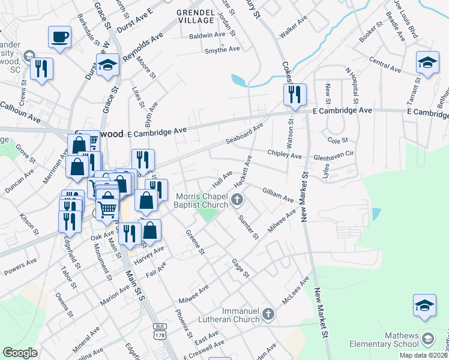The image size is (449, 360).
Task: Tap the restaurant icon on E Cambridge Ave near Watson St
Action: pos(295,94)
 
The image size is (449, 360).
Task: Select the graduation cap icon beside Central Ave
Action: pos(427,62)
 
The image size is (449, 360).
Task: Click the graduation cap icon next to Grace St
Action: pos(107,66)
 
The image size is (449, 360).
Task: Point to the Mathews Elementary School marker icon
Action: pos(427,338)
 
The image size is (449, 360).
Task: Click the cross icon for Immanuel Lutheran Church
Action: pos(268,314)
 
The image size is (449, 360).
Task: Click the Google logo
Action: pos(20,353)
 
